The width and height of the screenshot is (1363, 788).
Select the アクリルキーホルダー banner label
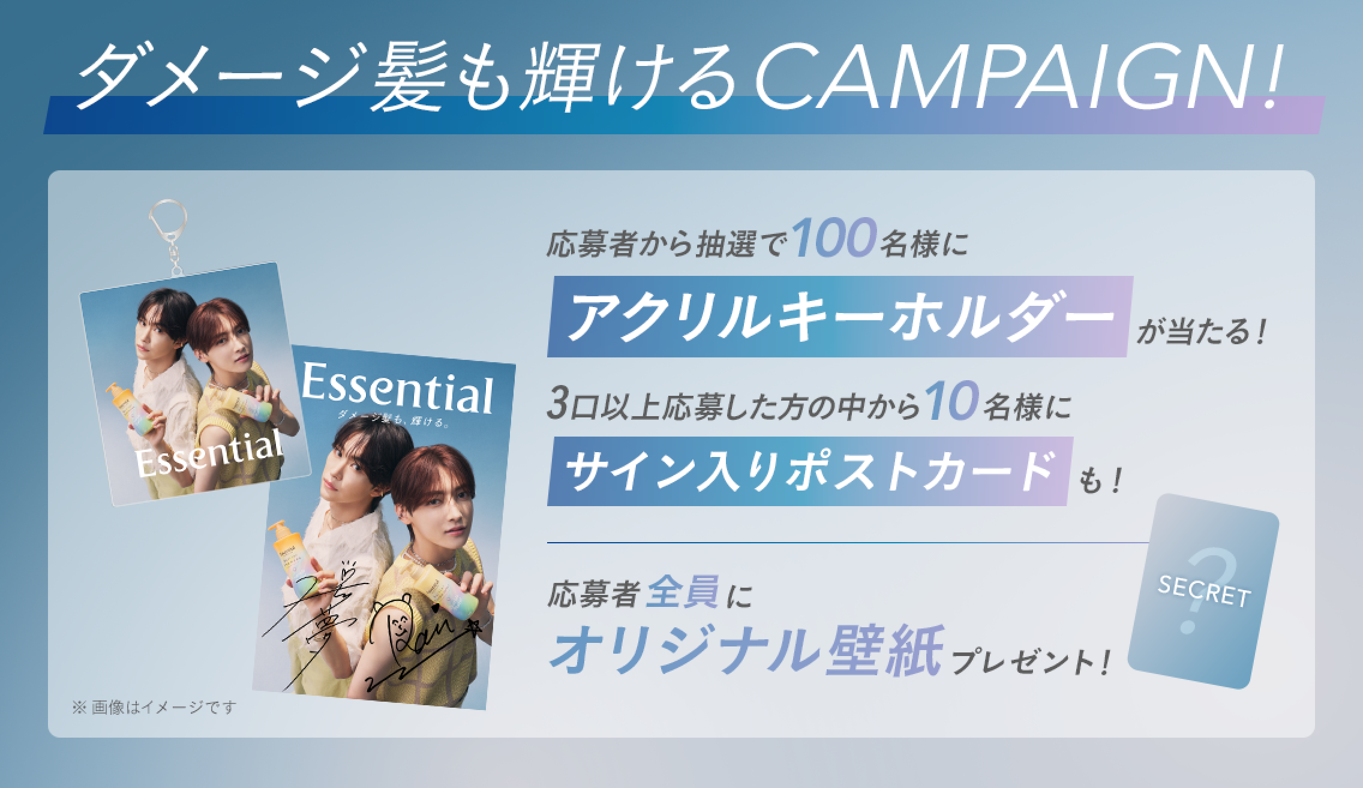pyautogui.click(x=839, y=317)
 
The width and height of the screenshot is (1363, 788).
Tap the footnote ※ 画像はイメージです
pyautogui.click(x=155, y=708)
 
